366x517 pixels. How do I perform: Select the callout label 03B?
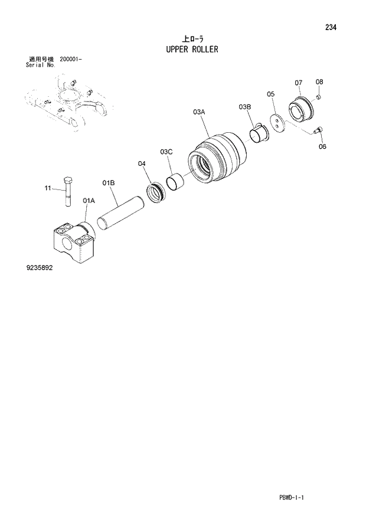pos(245,106)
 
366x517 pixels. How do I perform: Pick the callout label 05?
pos(271,93)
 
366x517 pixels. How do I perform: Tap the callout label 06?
pos(322,146)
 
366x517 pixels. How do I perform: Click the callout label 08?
pos(319,81)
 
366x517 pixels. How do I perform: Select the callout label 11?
pos(48,188)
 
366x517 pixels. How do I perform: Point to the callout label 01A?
pos(89,201)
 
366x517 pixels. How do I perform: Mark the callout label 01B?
pos(108,184)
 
